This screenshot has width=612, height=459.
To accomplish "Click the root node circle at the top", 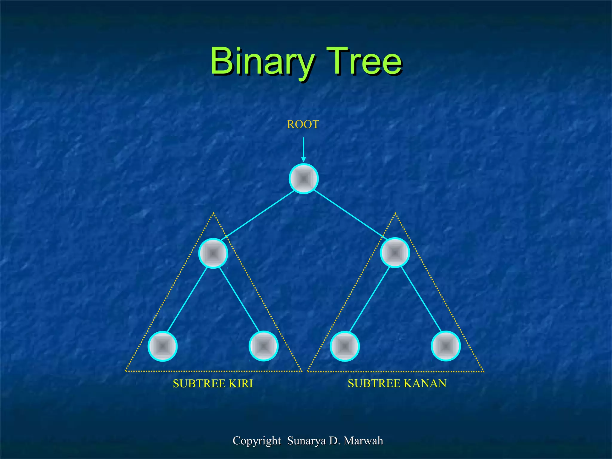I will (x=304, y=179).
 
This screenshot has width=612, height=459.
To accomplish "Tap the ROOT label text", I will (x=303, y=124).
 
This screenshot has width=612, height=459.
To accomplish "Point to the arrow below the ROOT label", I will (x=303, y=149).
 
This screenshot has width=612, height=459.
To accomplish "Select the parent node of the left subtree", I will (x=213, y=253).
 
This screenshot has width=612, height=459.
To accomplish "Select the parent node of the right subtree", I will (x=395, y=253).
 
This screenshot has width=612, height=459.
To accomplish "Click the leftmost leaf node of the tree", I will (x=163, y=346).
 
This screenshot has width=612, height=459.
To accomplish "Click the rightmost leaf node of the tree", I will (x=446, y=346).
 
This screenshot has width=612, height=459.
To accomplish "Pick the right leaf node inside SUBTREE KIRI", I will (x=264, y=346).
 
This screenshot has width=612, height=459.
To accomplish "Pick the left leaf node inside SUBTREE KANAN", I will (x=345, y=346).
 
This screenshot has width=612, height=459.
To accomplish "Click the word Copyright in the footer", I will (x=257, y=441).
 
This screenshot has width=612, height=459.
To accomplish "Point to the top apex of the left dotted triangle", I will (x=213, y=213).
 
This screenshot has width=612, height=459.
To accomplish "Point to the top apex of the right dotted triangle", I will (x=395, y=213).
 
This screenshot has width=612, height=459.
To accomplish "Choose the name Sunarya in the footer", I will (x=306, y=441).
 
